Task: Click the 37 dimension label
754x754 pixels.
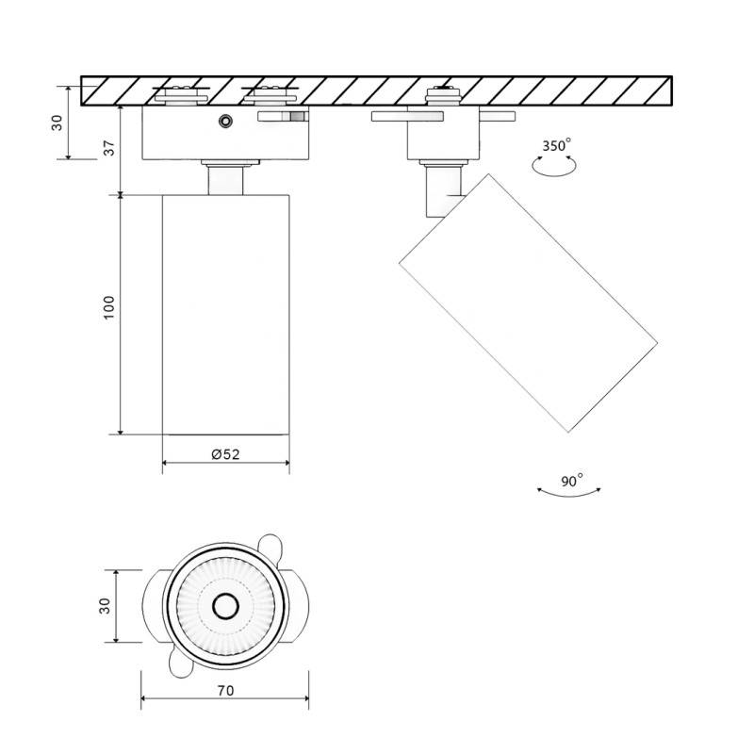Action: point(109,149)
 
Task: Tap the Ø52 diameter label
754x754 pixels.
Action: point(225,453)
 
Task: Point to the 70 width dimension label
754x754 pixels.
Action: point(225,690)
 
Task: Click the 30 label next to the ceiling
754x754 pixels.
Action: point(57,123)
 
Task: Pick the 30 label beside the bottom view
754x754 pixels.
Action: point(105,605)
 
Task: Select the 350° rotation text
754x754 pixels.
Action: point(556,145)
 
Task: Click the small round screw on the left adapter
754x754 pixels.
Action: point(224,121)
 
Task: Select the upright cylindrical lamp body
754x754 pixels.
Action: point(225,314)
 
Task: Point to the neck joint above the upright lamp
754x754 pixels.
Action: point(225,179)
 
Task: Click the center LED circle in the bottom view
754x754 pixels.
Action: point(224,605)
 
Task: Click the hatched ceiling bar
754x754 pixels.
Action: point(377,90)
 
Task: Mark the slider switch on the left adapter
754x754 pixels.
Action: point(283,117)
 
